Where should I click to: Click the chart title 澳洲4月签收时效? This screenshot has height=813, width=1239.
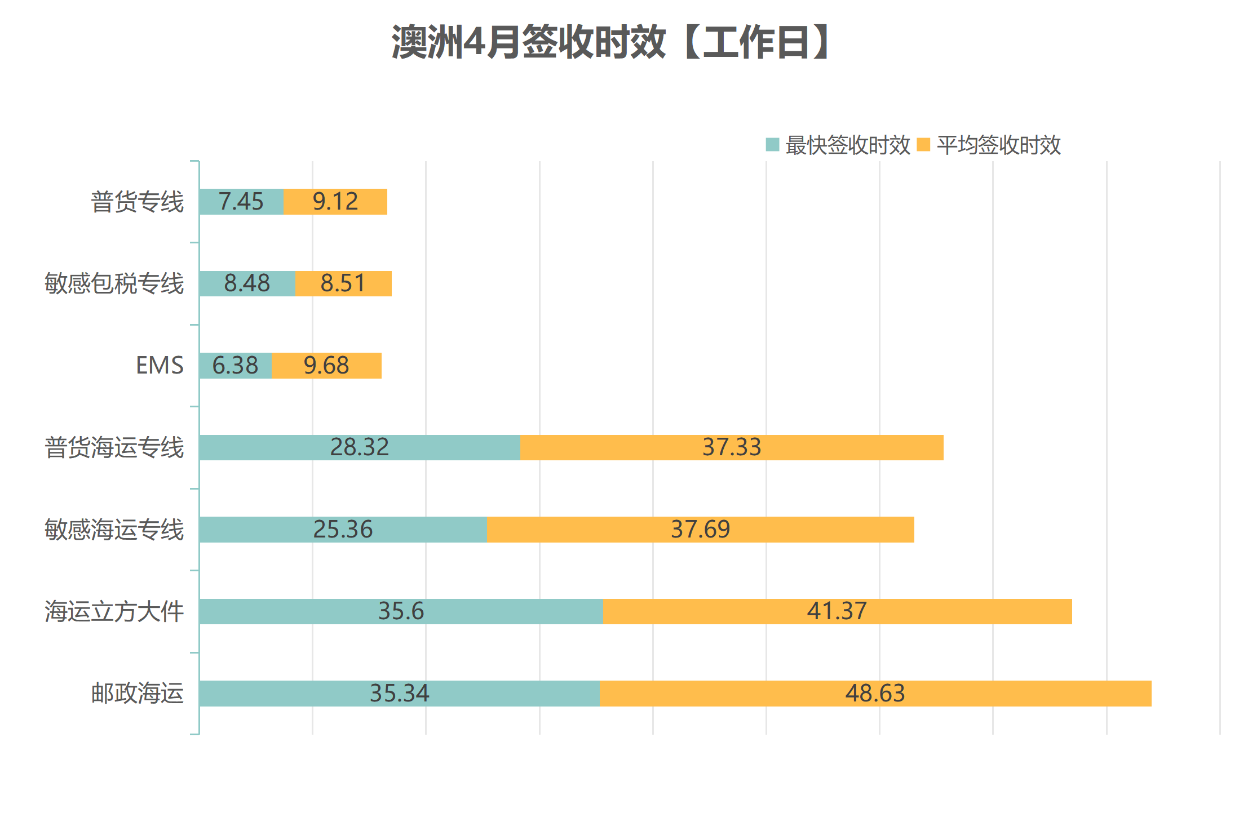click(611, 42)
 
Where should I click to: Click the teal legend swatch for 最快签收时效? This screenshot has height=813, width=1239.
click(772, 145)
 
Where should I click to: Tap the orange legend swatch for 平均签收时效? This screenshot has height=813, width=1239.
click(923, 145)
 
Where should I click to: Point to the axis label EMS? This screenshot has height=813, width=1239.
click(160, 366)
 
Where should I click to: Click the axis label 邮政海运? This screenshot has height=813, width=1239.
click(138, 694)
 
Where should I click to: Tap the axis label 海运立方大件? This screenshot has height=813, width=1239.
click(114, 611)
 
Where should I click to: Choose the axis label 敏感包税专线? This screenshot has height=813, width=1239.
click(114, 283)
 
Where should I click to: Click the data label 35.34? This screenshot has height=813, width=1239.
click(399, 694)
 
